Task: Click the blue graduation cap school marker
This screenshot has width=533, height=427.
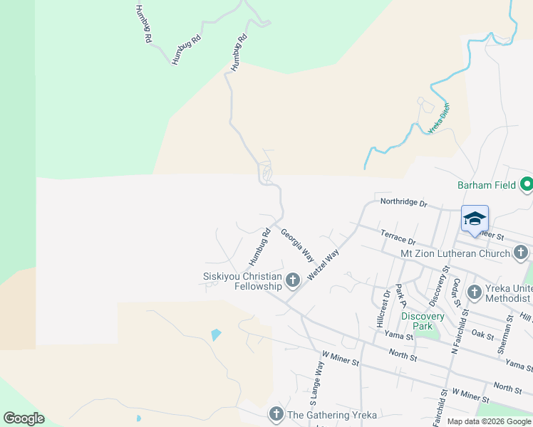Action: click(x=475, y=219)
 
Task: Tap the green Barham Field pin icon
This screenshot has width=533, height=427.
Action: click(x=527, y=185)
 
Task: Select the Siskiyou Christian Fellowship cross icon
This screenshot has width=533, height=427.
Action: click(x=292, y=281)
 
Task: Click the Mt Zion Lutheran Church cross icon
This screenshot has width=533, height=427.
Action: click(x=520, y=253)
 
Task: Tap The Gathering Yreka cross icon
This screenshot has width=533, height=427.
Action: click(x=276, y=414)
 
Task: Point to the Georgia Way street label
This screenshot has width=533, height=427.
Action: click(x=297, y=244)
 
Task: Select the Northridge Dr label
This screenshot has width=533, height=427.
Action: click(x=403, y=204)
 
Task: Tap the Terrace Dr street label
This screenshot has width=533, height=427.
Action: click(x=398, y=238)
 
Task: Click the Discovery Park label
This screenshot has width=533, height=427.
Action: click(x=423, y=321)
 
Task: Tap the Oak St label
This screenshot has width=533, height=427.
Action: click(x=482, y=333)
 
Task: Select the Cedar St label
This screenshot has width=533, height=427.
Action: click(x=455, y=290)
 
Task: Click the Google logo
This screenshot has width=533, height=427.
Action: click(x=24, y=418)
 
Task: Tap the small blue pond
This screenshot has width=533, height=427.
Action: click(x=216, y=334)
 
